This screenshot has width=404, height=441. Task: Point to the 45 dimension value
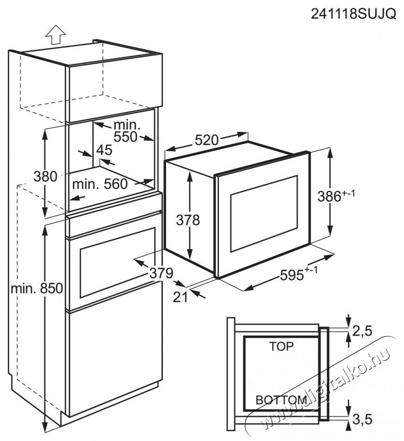tap(104, 150)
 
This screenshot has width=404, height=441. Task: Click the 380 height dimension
tap(45, 176)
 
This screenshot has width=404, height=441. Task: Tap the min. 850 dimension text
tap(37, 288)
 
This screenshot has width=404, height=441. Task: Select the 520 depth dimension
tap(206, 140)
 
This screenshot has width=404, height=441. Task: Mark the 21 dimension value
tap(180, 296)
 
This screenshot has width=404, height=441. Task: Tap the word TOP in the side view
tap(281, 346)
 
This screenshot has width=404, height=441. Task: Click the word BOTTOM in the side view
tap(282, 399)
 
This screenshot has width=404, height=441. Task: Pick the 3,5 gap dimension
tap(363, 419)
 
